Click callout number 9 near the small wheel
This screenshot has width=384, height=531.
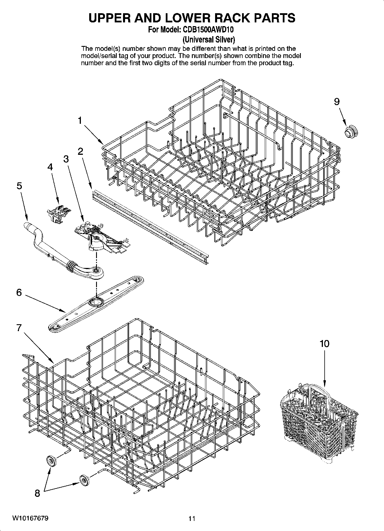pyautogui.click(x=337, y=102)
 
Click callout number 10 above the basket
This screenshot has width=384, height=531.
pyautogui.click(x=324, y=343)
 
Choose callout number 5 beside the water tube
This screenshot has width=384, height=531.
pyautogui.click(x=19, y=186)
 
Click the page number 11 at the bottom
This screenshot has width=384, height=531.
pyautogui.click(x=192, y=518)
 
